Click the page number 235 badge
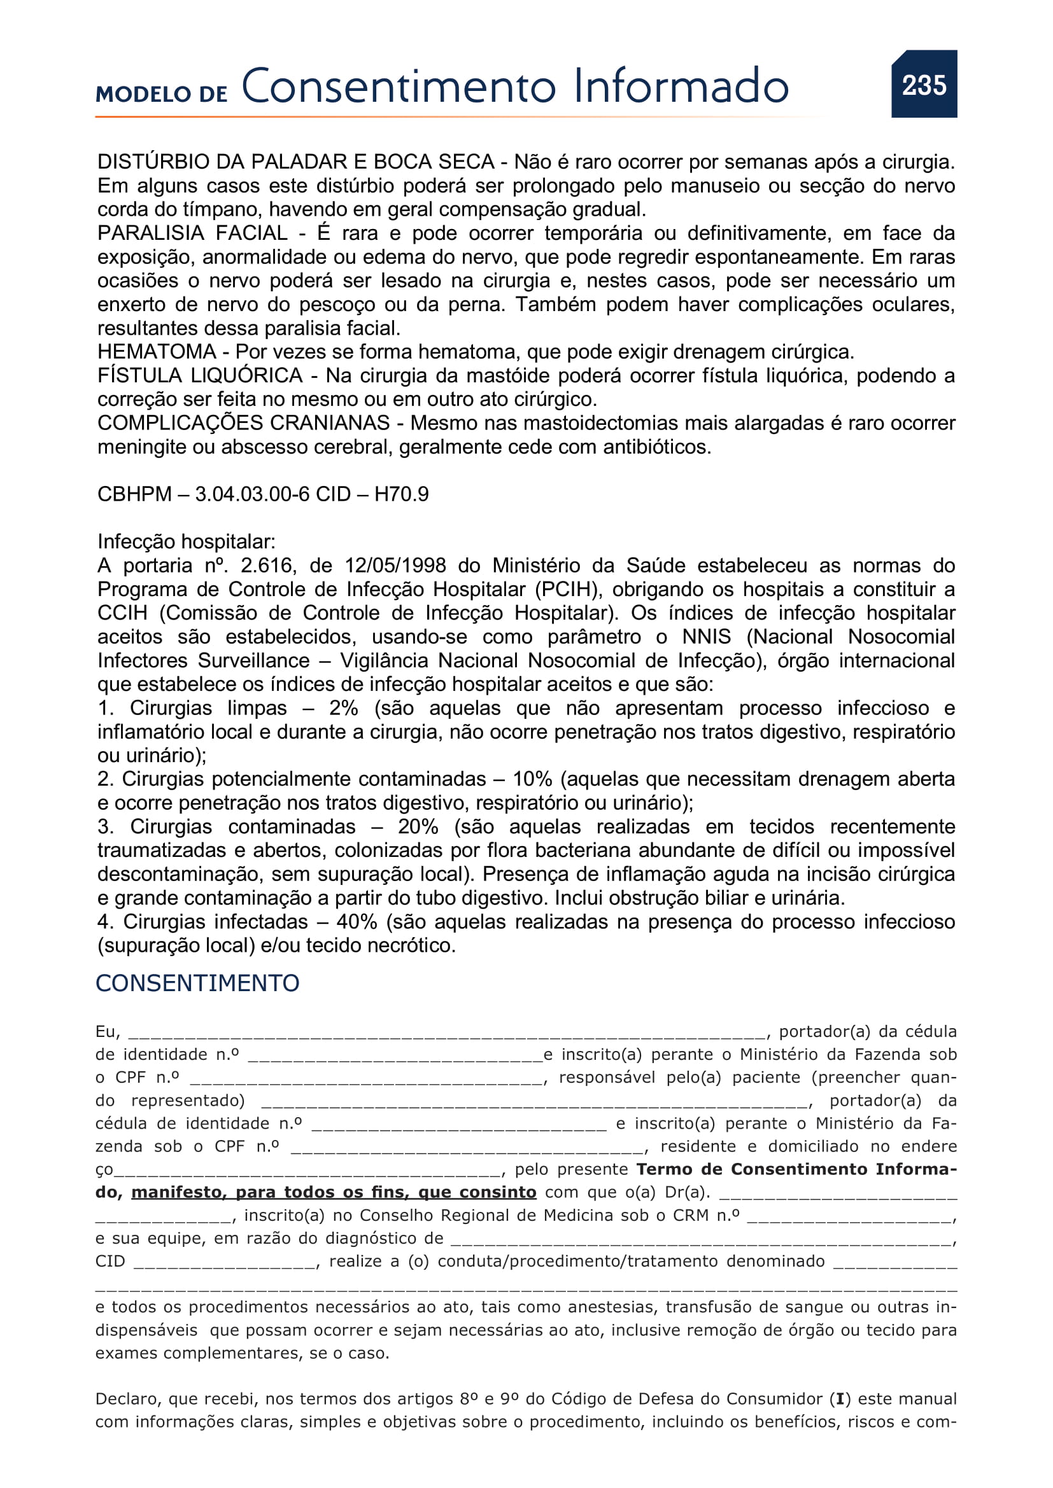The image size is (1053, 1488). point(923,84)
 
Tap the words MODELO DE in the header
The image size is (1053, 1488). point(162,94)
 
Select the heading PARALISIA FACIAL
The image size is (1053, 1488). point(192,233)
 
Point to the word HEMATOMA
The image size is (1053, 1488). point(156,352)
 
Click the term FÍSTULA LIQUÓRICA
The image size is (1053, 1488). point(200,375)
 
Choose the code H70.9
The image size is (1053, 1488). point(401,494)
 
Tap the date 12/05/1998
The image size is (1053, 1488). point(395,566)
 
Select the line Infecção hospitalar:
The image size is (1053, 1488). point(186,542)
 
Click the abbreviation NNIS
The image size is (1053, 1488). point(706,637)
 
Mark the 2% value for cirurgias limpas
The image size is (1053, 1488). point(344,708)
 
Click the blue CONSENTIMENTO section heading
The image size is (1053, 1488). point(197,984)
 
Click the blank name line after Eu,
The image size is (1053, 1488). point(448,1033)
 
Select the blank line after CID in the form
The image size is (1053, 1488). point(224,1262)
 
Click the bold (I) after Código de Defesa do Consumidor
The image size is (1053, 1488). point(840,1399)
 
